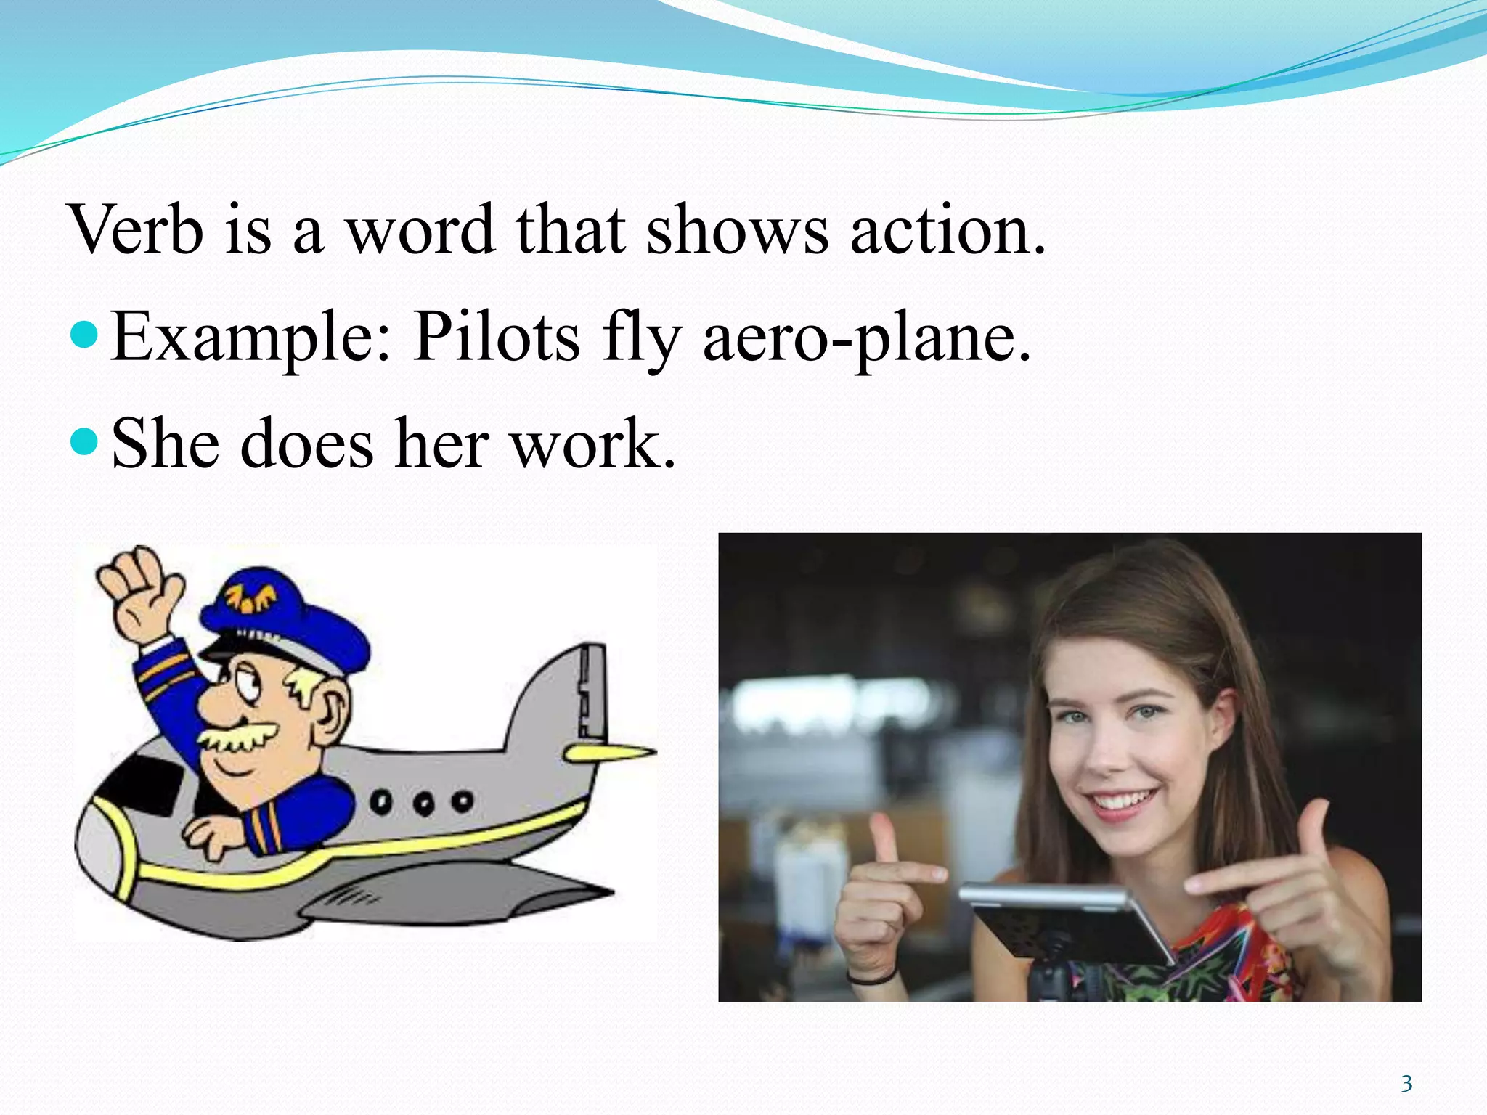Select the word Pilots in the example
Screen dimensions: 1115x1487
point(497,336)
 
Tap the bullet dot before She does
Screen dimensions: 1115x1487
point(86,441)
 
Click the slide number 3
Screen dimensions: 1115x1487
point(1406,1084)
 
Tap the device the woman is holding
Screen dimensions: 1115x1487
point(1067,922)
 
